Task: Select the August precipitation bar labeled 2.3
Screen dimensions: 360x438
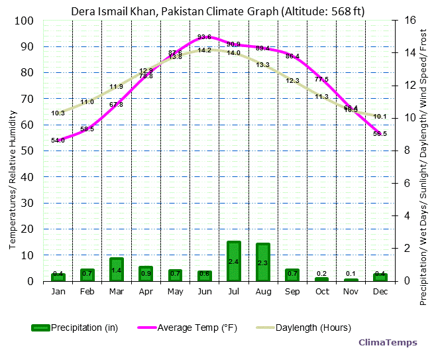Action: coord(262,263)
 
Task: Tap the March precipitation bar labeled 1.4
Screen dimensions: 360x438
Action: coord(117,269)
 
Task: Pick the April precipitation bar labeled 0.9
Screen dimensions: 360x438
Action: coord(146,273)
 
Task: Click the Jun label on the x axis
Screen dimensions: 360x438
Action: coord(204,292)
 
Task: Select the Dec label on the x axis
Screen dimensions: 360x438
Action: coord(380,292)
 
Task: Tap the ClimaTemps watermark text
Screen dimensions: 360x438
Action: coord(388,343)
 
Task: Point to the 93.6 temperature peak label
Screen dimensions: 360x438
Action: coord(204,37)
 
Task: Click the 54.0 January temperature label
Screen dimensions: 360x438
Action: coord(58,141)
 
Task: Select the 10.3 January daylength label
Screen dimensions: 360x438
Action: coord(58,113)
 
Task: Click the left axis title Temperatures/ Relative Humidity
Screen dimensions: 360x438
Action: coord(12,150)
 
